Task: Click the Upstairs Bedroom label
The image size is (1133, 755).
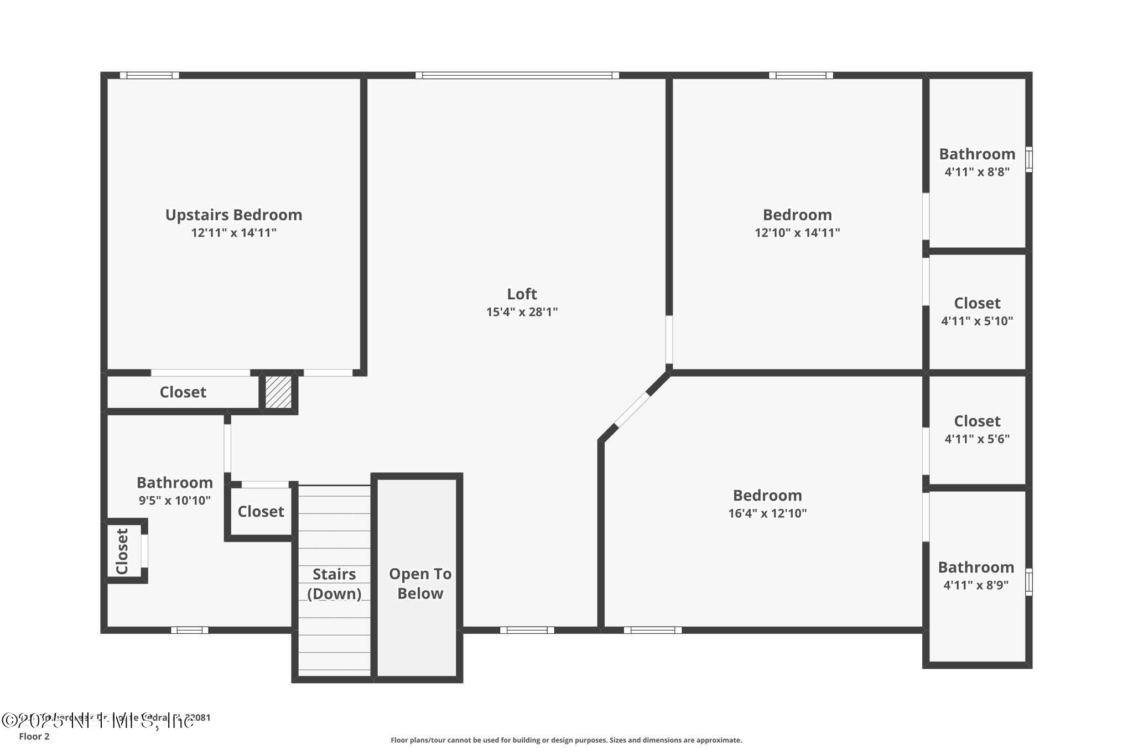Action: [x=233, y=215]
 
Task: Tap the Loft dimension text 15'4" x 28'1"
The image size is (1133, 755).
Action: [x=522, y=312]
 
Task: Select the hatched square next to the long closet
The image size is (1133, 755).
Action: [x=278, y=392]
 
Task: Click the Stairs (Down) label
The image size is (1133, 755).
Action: [x=334, y=584]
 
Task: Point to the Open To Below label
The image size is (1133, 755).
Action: [x=420, y=584]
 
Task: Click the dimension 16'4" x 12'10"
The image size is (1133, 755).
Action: [x=767, y=513]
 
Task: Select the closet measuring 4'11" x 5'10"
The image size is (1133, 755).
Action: [x=977, y=311]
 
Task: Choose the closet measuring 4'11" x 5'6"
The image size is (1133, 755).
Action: [x=977, y=429]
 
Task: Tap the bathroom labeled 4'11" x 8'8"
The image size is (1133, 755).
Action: [x=977, y=162]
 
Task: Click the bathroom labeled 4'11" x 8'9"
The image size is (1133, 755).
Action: [x=976, y=575]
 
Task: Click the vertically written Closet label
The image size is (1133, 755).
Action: [x=122, y=551]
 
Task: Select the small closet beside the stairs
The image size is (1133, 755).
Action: [x=261, y=512]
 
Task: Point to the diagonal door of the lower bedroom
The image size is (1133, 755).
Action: [x=632, y=410]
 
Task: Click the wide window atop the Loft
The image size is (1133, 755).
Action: [x=517, y=75]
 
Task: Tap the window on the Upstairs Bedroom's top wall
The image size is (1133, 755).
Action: [x=149, y=75]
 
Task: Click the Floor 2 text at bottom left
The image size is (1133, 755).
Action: [x=34, y=737]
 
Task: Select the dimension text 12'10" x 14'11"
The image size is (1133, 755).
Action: [x=797, y=233]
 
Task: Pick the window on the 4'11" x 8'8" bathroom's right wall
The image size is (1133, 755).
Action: [x=1028, y=159]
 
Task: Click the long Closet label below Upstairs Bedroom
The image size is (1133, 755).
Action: [x=183, y=392]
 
